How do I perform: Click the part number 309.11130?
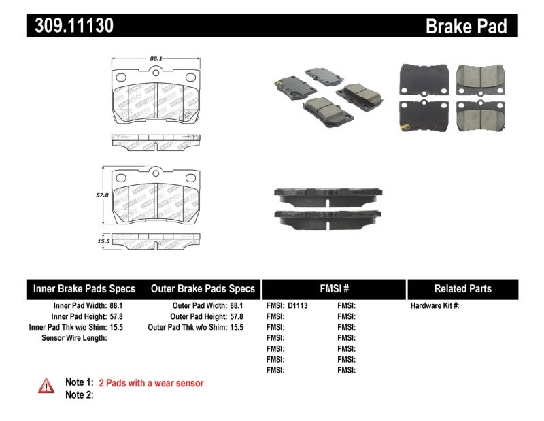[70, 26]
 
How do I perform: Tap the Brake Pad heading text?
[466, 26]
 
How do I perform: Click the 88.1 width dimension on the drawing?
[155, 59]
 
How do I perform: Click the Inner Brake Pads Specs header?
[84, 288]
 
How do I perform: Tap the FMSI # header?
[333, 288]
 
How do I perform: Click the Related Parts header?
[462, 288]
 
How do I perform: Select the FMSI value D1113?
[298, 306]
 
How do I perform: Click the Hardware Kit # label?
[435, 306]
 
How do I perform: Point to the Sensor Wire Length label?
[74, 338]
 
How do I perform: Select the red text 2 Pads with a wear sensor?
[151, 383]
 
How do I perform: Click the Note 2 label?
[79, 394]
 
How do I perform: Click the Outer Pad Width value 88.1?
[235, 306]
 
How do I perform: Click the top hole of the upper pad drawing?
[155, 71]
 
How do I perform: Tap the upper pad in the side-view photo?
[328, 194]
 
